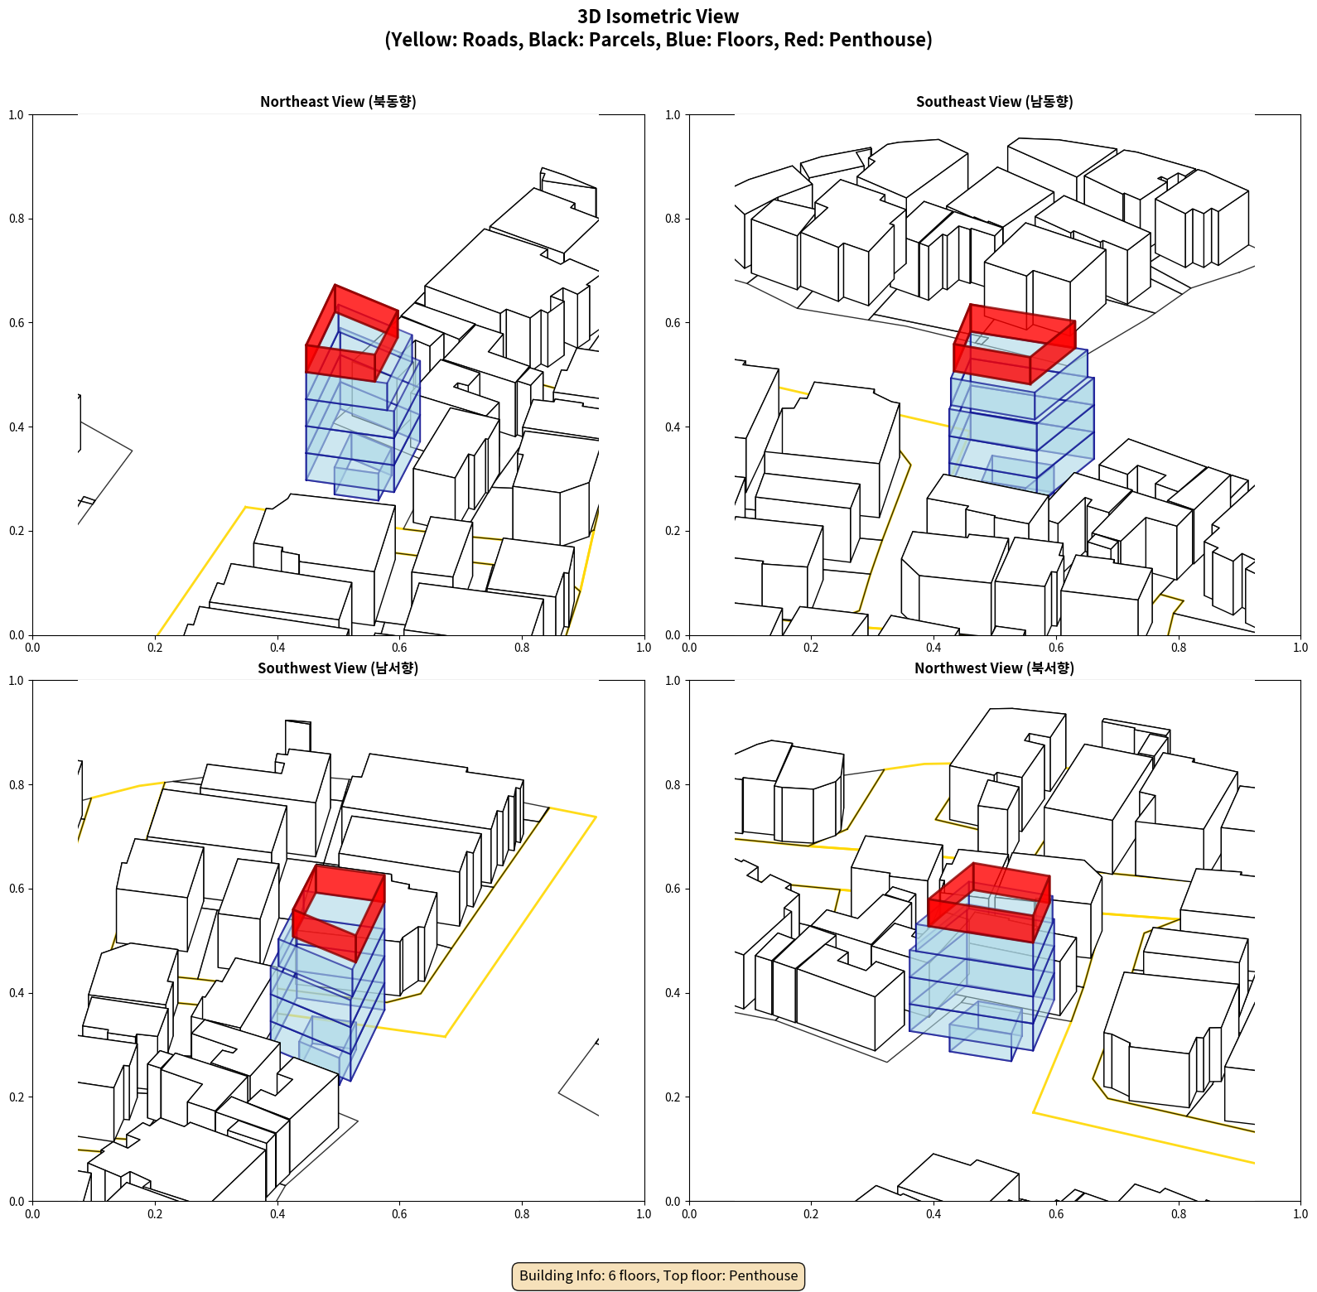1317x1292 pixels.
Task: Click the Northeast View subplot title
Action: [338, 101]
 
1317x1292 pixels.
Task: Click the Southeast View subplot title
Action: [994, 101]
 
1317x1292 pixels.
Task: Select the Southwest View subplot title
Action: [338, 668]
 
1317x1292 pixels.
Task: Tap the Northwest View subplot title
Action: [994, 668]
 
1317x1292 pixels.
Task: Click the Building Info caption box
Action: [658, 1275]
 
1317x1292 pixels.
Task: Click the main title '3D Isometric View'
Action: [658, 17]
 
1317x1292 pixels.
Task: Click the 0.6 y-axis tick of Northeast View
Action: [17, 323]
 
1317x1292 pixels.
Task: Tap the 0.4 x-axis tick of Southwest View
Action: [277, 1214]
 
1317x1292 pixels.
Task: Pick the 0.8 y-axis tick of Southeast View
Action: [673, 219]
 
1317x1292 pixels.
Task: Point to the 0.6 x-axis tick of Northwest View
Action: [1056, 1214]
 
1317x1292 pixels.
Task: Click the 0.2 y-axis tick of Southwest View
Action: [17, 1097]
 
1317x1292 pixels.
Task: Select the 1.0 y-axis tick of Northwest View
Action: [673, 681]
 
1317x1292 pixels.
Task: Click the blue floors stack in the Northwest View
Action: [982, 986]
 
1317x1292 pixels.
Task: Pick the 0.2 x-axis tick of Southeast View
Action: [811, 648]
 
